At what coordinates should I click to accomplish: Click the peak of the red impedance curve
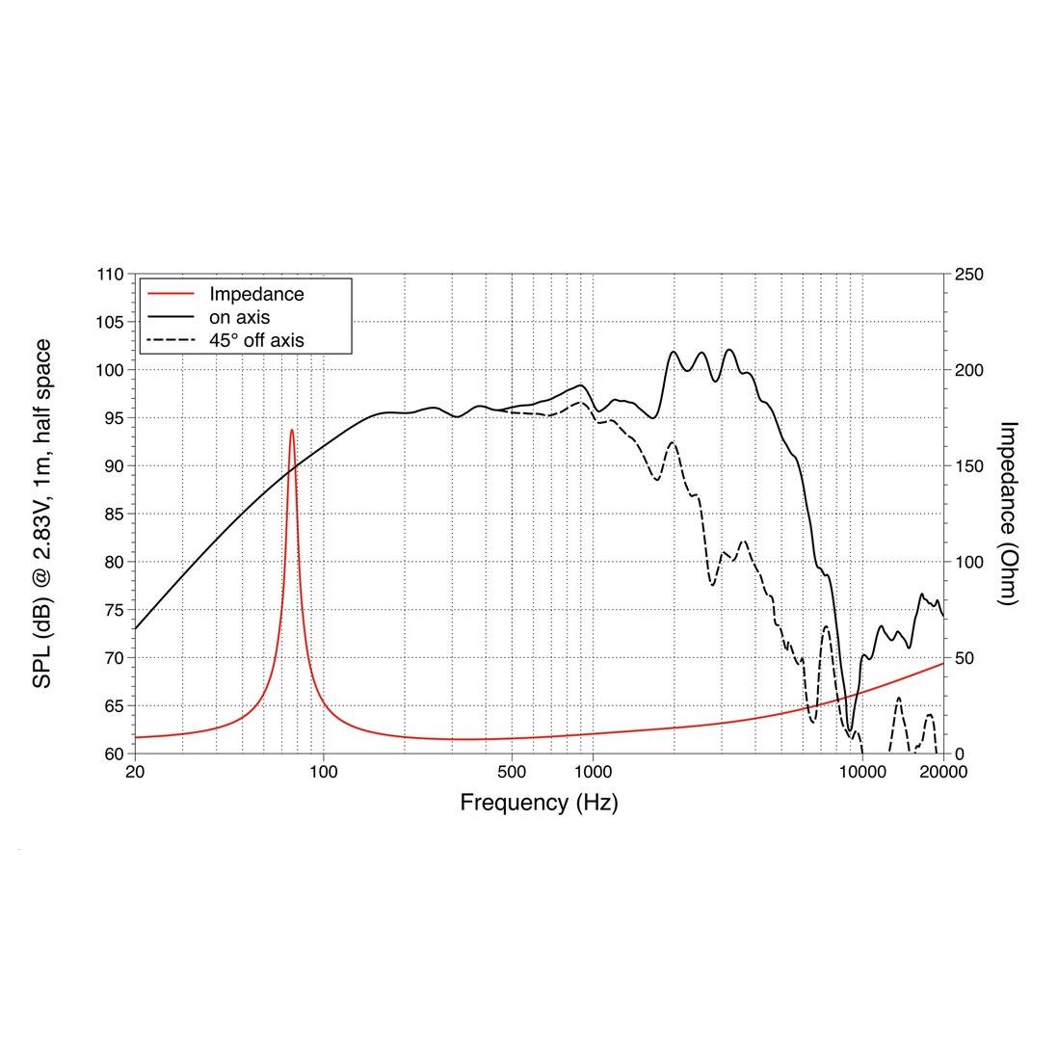pos(291,430)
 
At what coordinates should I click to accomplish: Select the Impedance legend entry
pos(256,295)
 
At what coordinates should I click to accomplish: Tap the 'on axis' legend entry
pos(239,317)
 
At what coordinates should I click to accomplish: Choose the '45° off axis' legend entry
pos(256,339)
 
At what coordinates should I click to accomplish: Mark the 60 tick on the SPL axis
pos(114,754)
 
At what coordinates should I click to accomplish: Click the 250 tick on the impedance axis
pos(968,275)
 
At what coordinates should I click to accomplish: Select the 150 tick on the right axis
pos(968,466)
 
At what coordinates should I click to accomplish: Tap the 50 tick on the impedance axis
pos(965,658)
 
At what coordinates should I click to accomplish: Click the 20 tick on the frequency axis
pos(135,772)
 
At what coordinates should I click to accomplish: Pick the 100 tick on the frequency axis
pos(324,772)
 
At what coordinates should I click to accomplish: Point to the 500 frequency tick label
pos(512,772)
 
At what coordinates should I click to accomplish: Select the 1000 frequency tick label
pos(594,772)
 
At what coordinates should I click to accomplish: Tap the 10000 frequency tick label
pos(862,772)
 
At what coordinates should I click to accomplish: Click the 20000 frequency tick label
pos(943,772)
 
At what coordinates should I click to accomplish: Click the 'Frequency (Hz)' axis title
pos(539,802)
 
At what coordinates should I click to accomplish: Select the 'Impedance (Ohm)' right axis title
pos(1008,514)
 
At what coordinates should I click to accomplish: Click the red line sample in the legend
pos(171,294)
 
